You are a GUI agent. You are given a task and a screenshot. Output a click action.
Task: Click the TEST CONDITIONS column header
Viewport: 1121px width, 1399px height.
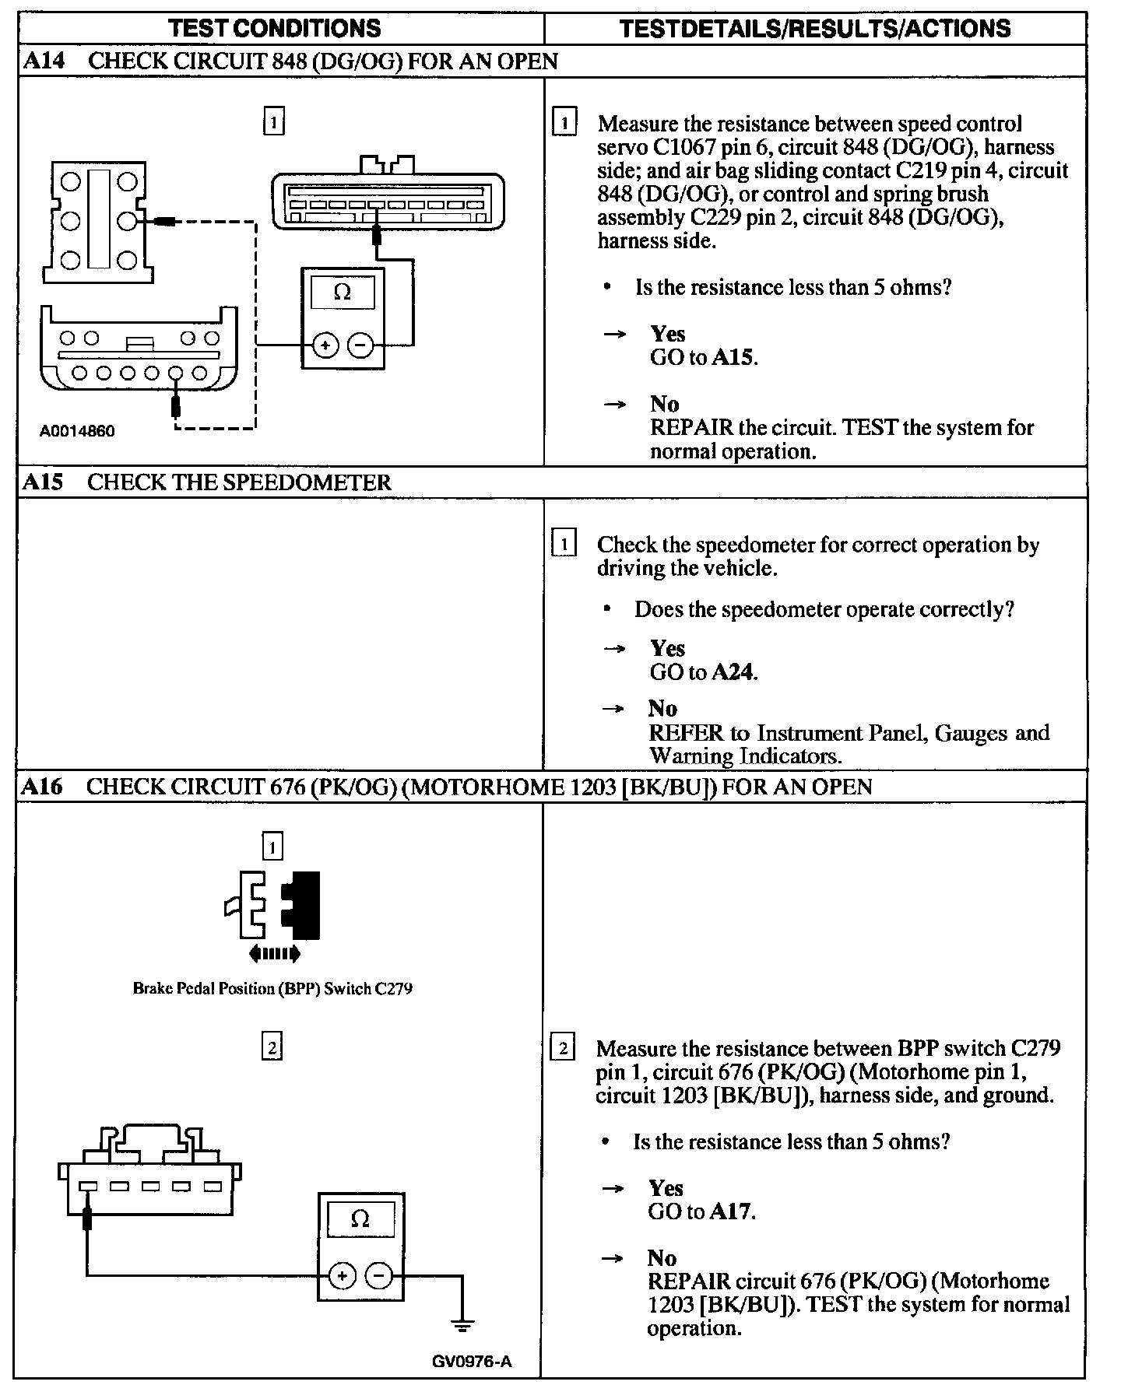pyautogui.click(x=275, y=29)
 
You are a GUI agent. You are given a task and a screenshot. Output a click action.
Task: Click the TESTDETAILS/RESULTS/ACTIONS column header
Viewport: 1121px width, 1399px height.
pyautogui.click(x=815, y=29)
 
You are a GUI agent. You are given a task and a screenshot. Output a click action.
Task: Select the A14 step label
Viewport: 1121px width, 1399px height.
pyautogui.click(x=44, y=61)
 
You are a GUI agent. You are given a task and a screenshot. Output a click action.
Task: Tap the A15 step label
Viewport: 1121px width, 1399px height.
pyautogui.click(x=43, y=482)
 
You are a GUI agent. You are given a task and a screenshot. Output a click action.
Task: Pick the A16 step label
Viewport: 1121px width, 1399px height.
pyautogui.click(x=42, y=787)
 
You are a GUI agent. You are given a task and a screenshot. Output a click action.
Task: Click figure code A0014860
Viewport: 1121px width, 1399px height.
pyautogui.click(x=77, y=431)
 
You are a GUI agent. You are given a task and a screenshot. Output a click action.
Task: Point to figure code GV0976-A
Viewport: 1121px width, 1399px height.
pyautogui.click(x=472, y=1361)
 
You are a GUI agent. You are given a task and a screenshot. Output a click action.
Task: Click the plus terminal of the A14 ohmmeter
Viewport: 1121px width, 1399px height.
pyautogui.click(x=325, y=345)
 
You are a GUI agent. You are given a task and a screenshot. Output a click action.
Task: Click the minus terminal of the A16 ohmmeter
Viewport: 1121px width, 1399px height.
pyautogui.click(x=379, y=1275)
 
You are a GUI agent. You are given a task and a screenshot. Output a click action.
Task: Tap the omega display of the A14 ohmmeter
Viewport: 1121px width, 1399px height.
pyautogui.click(x=342, y=293)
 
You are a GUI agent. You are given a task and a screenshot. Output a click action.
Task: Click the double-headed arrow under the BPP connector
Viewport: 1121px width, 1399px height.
pyautogui.click(x=274, y=953)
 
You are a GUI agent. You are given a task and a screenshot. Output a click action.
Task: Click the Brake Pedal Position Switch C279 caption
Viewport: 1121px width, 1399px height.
pyautogui.click(x=272, y=989)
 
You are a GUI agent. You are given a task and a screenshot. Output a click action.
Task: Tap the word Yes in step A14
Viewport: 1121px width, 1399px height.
pyautogui.click(x=668, y=334)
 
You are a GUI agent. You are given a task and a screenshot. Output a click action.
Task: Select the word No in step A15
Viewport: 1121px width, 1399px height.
pyautogui.click(x=662, y=708)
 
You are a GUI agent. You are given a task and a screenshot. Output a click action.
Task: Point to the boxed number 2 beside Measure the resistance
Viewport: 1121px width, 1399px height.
pyautogui.click(x=562, y=1049)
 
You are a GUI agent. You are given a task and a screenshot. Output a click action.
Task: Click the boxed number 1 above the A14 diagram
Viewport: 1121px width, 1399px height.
pyautogui.click(x=273, y=122)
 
